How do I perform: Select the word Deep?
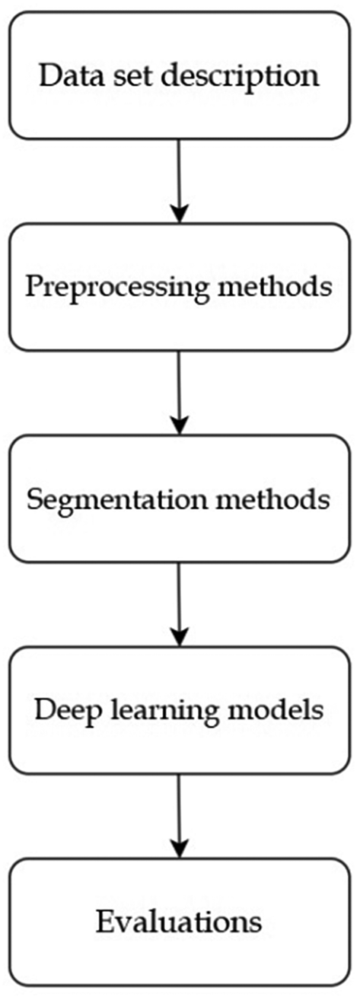point(66,711)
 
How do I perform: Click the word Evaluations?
point(179,922)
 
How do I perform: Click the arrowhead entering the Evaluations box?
point(179,846)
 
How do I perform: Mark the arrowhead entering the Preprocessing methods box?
point(179,211)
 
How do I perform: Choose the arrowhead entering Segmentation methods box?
point(179,422)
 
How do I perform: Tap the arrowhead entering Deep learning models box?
point(179,634)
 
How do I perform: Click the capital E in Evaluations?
point(104,922)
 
